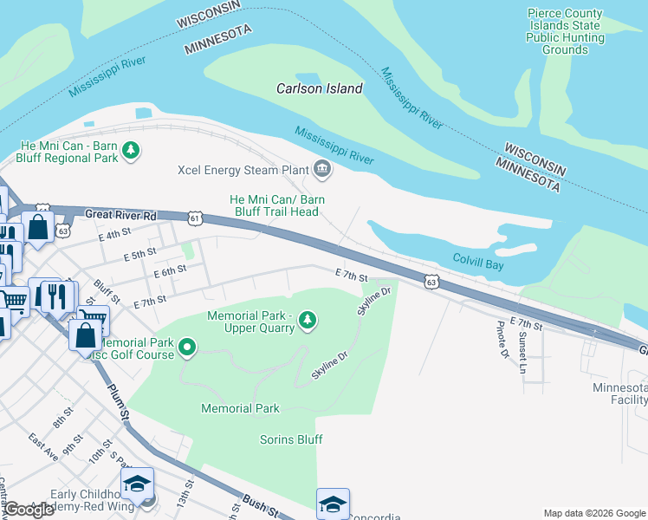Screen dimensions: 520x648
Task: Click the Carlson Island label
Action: (319, 88)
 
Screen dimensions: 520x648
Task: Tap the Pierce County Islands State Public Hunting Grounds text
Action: (565, 31)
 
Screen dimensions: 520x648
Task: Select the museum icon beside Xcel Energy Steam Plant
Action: (322, 169)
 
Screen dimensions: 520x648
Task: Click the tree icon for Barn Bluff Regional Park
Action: (131, 152)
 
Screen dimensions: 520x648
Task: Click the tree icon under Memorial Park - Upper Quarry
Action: (307, 322)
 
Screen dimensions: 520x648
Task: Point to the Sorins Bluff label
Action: (291, 439)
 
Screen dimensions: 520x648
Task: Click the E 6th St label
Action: (170, 273)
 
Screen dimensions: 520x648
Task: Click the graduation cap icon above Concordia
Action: (333, 504)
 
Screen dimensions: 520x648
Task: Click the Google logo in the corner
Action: (29, 510)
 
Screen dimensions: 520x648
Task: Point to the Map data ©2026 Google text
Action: (593, 513)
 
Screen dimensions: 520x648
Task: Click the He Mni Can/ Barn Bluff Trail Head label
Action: (276, 205)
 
